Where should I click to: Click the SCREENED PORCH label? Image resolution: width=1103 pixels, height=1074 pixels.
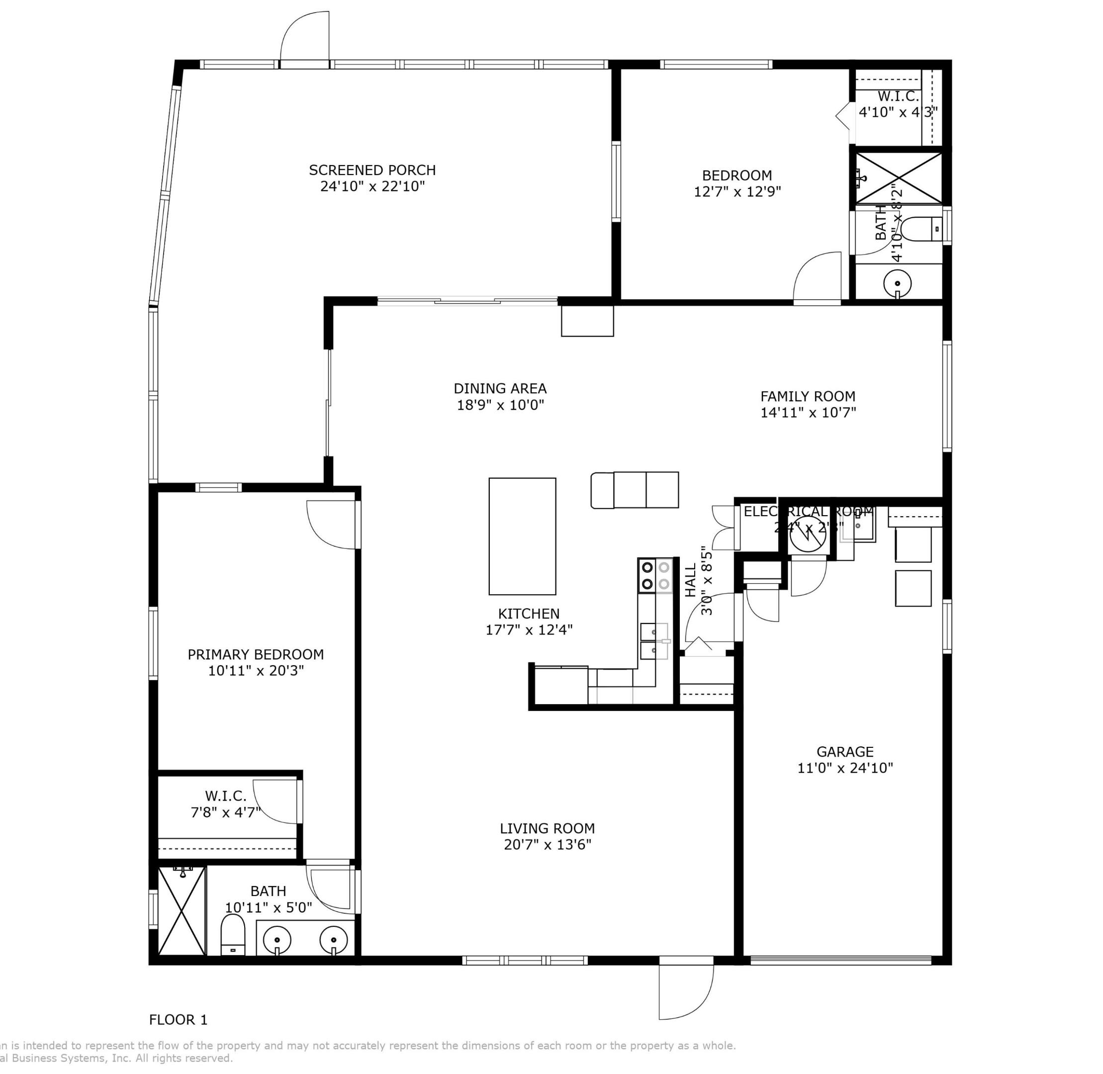coord(372,170)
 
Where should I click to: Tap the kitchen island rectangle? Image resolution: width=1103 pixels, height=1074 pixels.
coord(522,537)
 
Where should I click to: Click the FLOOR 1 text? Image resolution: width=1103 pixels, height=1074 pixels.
coord(179,1020)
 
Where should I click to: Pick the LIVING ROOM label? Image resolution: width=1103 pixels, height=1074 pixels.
coord(547,828)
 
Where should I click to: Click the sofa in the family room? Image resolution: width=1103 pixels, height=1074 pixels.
coord(635,490)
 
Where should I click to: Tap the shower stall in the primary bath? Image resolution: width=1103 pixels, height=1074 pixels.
coord(182,911)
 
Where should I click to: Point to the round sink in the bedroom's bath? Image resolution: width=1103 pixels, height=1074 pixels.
coord(897,282)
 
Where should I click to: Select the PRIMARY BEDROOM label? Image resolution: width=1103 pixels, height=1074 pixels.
coord(256,654)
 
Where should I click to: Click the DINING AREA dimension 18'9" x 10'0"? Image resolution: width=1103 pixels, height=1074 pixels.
coord(500,405)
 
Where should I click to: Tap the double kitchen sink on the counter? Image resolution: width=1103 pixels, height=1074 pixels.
coord(654,641)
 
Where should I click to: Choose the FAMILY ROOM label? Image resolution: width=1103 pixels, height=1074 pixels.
coord(808,396)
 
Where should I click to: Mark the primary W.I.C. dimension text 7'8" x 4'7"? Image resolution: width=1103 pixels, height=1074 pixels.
coord(226,812)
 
